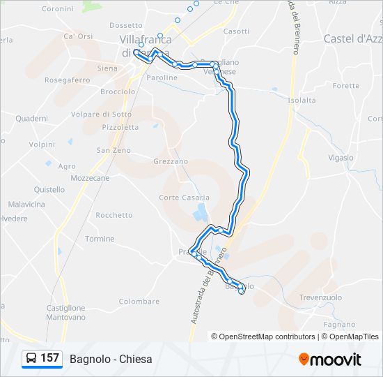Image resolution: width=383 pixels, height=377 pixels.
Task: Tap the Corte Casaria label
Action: (184, 198)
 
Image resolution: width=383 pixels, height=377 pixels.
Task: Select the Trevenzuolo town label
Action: (320, 297)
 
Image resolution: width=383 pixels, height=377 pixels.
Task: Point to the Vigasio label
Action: (341, 158)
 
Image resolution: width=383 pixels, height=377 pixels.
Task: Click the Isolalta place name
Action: (302, 100)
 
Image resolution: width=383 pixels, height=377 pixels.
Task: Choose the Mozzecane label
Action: (91, 178)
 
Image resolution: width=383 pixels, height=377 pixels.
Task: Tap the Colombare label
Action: (139, 302)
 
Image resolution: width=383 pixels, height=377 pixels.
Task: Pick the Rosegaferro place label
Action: (68, 80)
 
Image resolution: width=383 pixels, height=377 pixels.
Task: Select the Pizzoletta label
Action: (120, 128)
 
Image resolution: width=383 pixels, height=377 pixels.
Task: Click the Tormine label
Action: (100, 239)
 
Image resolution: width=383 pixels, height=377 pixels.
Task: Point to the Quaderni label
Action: (31, 119)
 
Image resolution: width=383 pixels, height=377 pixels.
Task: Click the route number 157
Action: (49, 358)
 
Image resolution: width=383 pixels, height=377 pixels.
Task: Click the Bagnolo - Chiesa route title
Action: (111, 359)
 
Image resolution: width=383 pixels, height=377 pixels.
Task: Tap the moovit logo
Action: (330, 360)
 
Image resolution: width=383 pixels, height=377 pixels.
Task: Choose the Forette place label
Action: (346, 86)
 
